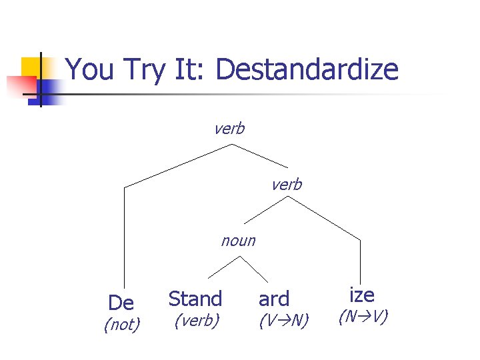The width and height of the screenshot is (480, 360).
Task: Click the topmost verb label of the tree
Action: click(229, 129)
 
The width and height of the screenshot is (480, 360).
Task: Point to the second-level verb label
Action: click(286, 185)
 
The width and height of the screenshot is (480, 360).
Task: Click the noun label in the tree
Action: click(238, 241)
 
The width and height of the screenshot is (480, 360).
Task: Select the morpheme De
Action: click(121, 303)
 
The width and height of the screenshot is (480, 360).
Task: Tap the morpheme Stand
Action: click(195, 299)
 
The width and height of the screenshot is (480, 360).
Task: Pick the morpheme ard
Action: click(274, 299)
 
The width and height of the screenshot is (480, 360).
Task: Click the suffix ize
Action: click(362, 294)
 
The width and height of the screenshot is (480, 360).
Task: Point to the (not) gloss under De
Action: click(121, 325)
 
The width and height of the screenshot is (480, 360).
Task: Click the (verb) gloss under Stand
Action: click(196, 321)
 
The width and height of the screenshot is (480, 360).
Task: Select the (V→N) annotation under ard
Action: click(283, 321)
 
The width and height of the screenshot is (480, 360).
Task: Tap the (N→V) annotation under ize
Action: click(363, 317)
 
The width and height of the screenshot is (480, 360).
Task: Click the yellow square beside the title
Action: click(32, 67)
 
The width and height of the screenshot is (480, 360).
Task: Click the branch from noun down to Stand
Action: click(223, 267)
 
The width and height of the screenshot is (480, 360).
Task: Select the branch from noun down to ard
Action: click(254, 269)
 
